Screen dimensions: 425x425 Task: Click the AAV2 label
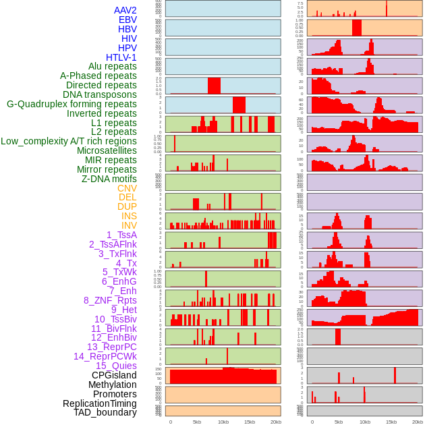(125, 10)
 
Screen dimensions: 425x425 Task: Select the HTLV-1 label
(121, 57)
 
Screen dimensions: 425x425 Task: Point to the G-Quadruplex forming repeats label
(72, 104)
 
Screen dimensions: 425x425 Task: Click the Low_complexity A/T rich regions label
(69, 141)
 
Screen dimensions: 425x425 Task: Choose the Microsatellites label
(107, 150)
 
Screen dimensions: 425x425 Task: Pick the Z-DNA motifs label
(109, 179)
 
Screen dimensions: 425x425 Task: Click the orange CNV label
(127, 188)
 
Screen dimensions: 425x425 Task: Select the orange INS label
(128, 216)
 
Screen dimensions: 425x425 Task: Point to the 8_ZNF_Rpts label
(110, 300)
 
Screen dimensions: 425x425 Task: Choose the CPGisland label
(114, 375)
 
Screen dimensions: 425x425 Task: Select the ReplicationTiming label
(99, 403)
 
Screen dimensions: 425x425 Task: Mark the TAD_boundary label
(105, 412)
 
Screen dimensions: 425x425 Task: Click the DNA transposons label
(100, 94)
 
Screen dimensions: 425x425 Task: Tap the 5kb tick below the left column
(197, 422)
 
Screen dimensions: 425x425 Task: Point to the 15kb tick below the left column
(250, 422)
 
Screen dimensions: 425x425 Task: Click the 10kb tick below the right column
(364, 422)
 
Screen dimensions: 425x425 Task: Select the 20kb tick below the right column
(418, 422)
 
